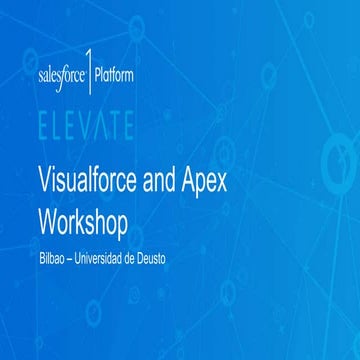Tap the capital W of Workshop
point(46,217)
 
